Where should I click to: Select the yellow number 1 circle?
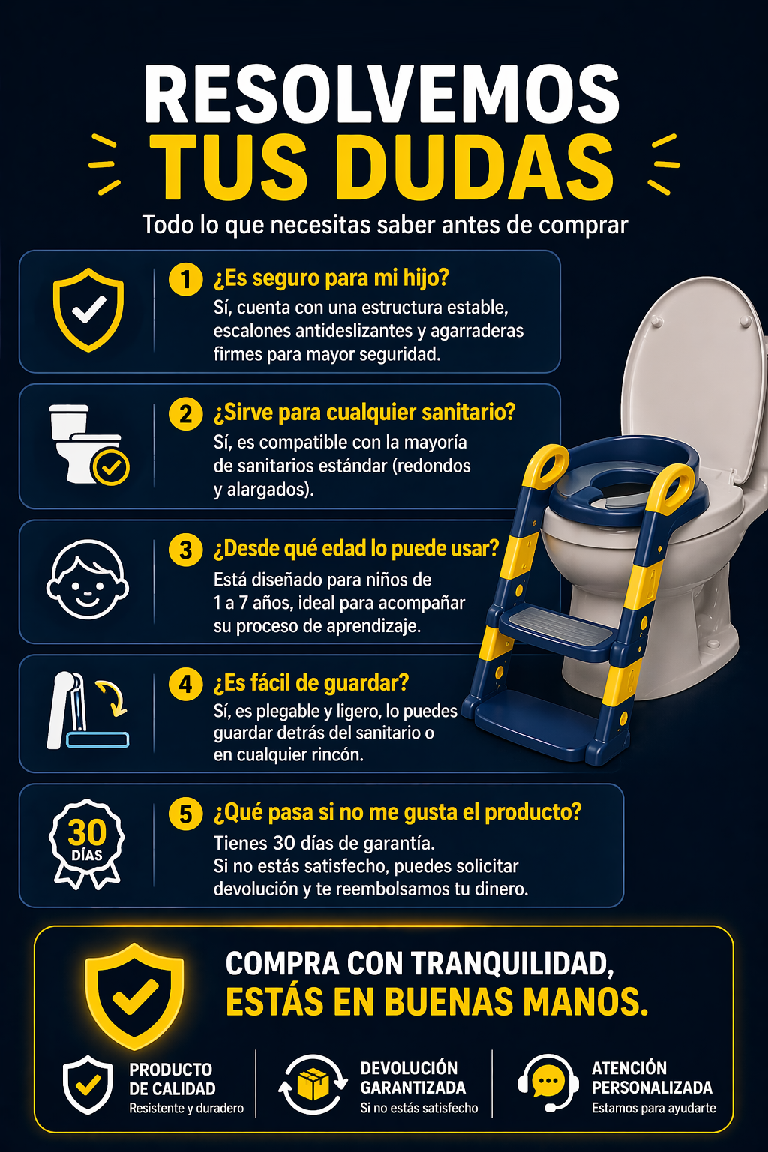tap(185, 280)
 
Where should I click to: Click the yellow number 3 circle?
tap(185, 550)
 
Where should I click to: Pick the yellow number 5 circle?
tap(185, 814)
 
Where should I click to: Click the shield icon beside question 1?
tap(88, 310)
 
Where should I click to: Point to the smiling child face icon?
tap(87, 580)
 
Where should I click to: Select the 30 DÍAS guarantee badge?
tap(87, 842)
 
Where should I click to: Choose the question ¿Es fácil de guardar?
tap(311, 683)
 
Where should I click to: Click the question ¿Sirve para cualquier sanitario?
tap(364, 412)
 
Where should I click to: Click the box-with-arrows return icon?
tap(313, 1084)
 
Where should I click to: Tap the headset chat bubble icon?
tap(548, 1082)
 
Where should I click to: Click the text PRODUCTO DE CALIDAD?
tap(172, 1079)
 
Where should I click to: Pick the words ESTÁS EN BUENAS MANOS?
tap(436, 1002)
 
